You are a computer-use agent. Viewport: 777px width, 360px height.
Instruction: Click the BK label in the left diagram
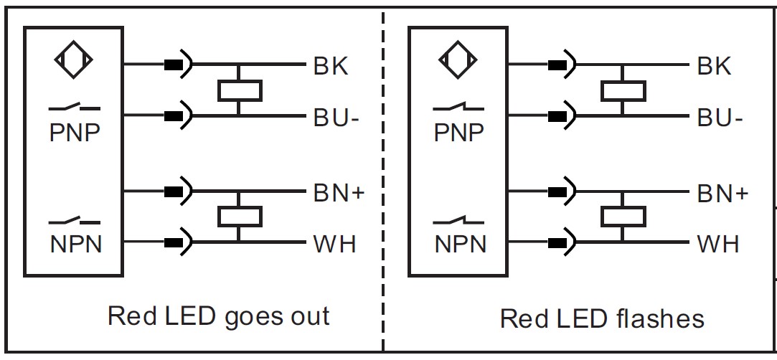[331, 66]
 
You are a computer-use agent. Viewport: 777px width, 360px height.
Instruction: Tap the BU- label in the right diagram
[720, 118]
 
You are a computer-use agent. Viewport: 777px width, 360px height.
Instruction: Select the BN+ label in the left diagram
[339, 193]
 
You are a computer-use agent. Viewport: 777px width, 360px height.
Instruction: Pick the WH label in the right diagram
[718, 244]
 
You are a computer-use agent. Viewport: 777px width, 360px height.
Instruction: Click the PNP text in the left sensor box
[75, 132]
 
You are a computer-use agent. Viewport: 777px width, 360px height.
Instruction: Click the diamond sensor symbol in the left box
[73, 60]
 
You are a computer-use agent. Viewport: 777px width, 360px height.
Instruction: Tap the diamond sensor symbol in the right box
[458, 60]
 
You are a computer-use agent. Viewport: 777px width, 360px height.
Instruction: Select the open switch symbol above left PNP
[75, 107]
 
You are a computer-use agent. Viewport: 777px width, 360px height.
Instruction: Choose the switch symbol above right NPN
[458, 220]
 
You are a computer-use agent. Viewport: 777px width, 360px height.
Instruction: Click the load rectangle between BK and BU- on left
[240, 90]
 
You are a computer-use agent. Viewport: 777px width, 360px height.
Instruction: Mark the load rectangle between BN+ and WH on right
[623, 217]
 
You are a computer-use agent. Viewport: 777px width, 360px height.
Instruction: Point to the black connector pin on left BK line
[173, 65]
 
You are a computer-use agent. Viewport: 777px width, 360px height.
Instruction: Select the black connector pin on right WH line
[557, 242]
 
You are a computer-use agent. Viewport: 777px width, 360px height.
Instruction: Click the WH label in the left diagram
[334, 244]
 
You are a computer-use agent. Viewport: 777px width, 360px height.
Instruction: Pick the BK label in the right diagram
[715, 66]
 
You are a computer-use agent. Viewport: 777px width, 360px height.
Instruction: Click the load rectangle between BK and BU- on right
[623, 90]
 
